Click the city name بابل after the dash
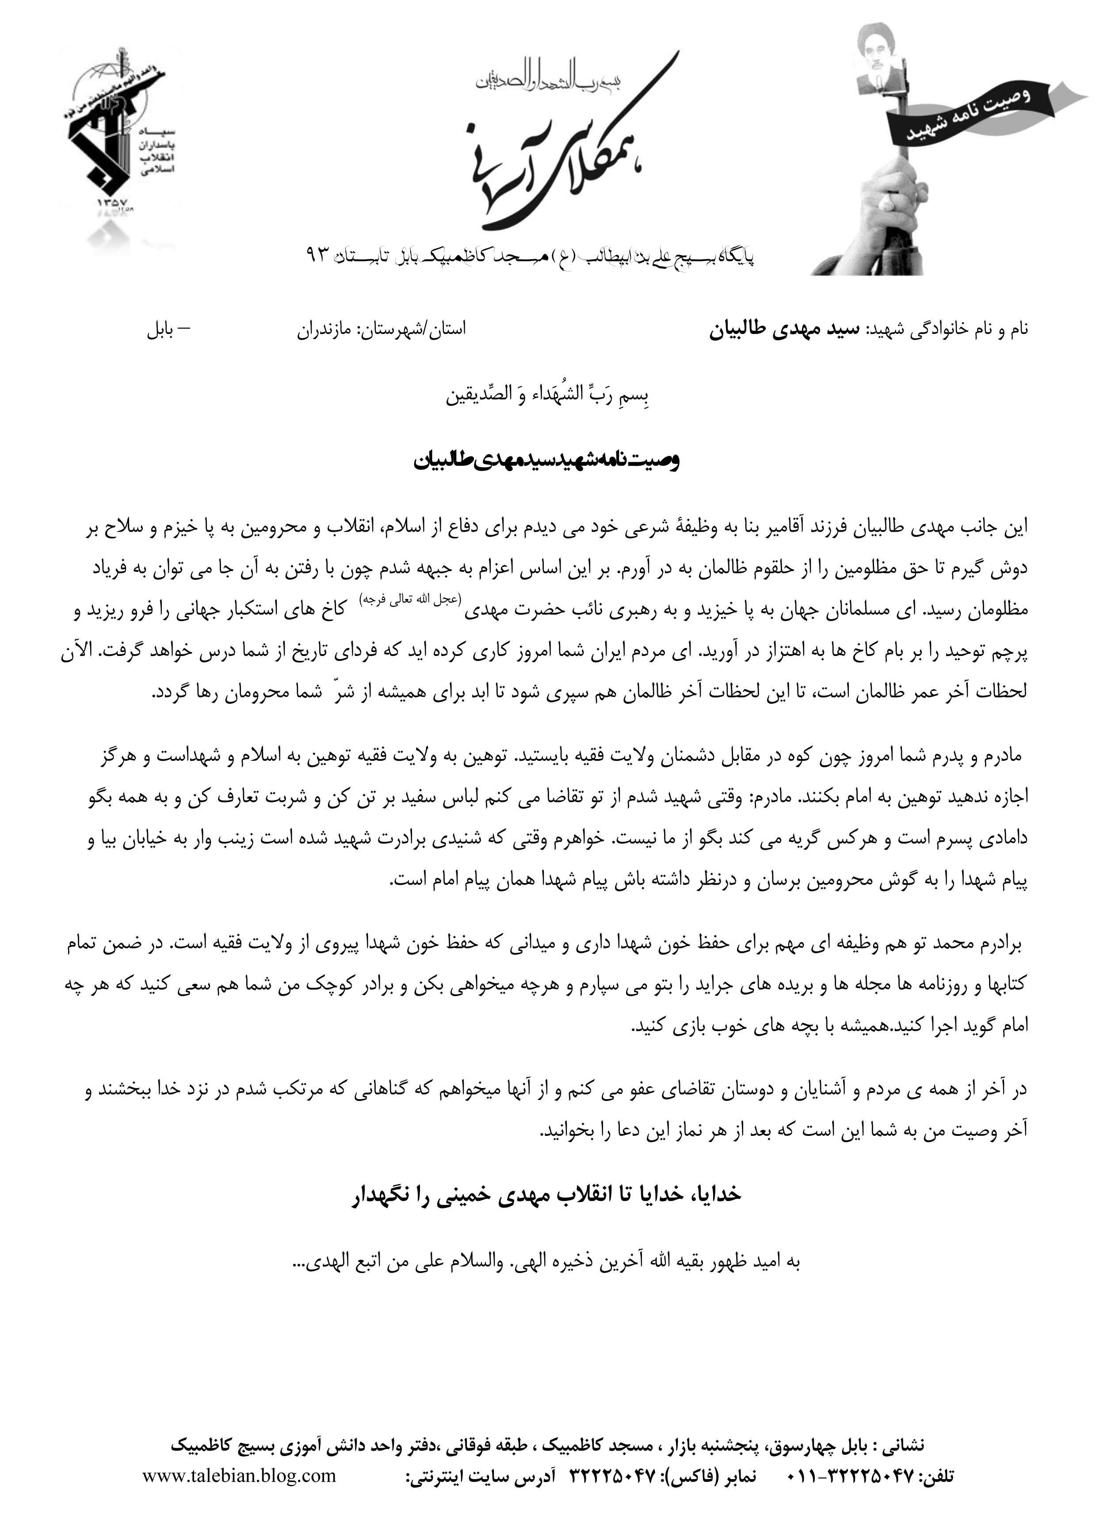(x=160, y=330)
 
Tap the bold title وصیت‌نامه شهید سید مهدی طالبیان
(x=547, y=461)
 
